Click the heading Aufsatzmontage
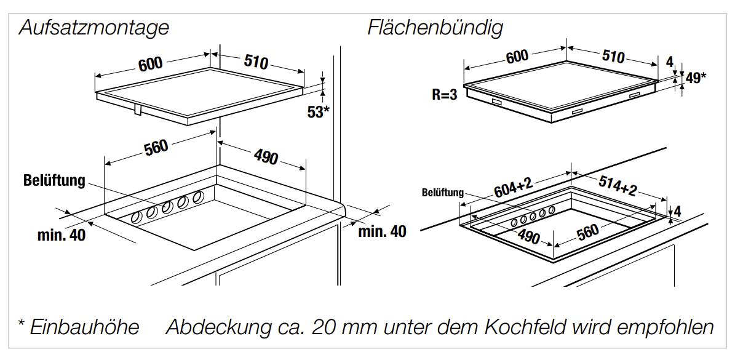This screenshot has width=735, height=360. [93, 28]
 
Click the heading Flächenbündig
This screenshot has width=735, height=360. [435, 28]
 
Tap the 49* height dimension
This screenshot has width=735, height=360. [696, 78]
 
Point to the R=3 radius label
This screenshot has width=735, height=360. [445, 95]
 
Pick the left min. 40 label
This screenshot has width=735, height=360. [62, 234]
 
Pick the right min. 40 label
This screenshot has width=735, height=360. [383, 231]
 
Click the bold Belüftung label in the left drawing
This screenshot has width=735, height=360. [54, 181]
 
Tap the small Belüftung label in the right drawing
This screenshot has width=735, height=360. [443, 193]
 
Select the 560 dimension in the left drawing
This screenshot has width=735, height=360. [156, 148]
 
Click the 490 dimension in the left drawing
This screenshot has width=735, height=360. [266, 157]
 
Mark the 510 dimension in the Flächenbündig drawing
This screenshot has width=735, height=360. [613, 57]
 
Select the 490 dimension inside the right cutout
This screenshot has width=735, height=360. [528, 237]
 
